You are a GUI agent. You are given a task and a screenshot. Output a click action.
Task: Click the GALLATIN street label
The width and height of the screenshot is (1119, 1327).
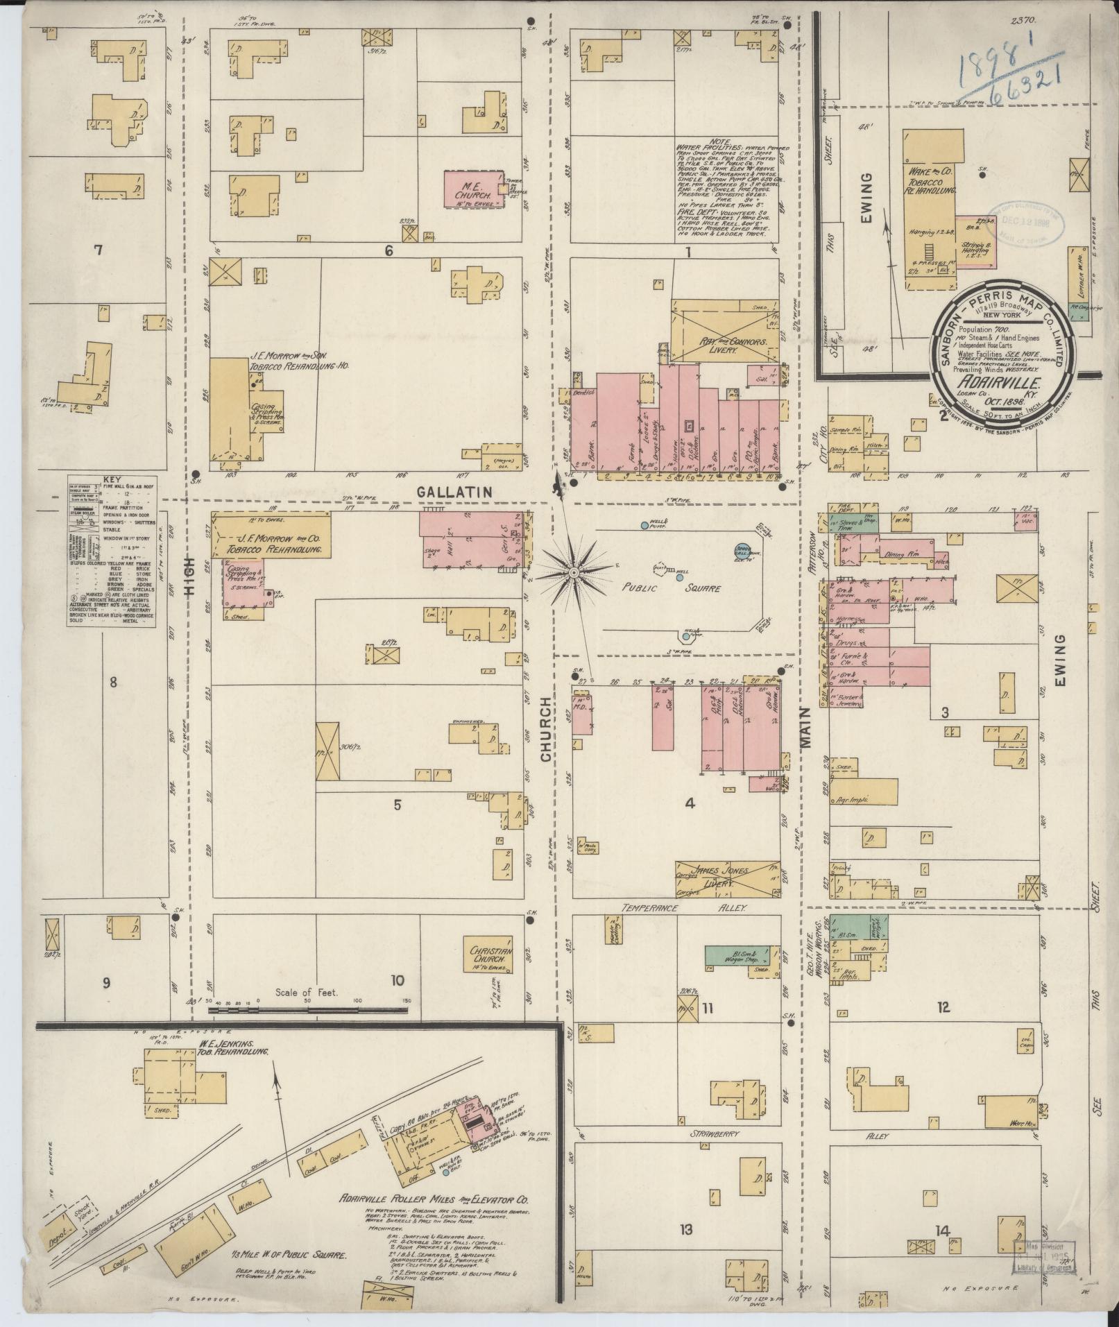(x=454, y=491)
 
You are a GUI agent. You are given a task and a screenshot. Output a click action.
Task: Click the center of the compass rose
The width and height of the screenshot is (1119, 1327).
(x=574, y=572)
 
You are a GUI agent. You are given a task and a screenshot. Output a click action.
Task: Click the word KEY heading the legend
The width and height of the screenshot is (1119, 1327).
(x=111, y=479)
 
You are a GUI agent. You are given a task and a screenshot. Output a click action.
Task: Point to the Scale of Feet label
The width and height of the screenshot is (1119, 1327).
(x=306, y=993)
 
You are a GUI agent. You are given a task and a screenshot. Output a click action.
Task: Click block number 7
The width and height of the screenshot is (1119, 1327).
(x=98, y=250)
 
